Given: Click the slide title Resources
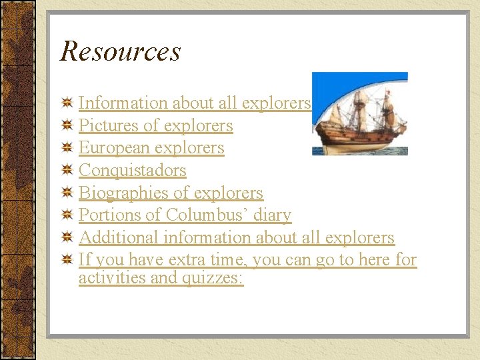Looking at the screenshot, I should coord(120,51).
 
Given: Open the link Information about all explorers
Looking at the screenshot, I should coord(195,103).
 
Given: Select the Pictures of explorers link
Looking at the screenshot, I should coord(155,126).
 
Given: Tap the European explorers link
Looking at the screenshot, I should coord(151,148).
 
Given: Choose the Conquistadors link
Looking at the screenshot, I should coord(132,171).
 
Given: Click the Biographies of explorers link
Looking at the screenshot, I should coord(171,193).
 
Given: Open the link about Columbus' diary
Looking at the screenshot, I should coord(185,215).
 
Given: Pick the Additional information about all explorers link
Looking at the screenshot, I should coord(236,238).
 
